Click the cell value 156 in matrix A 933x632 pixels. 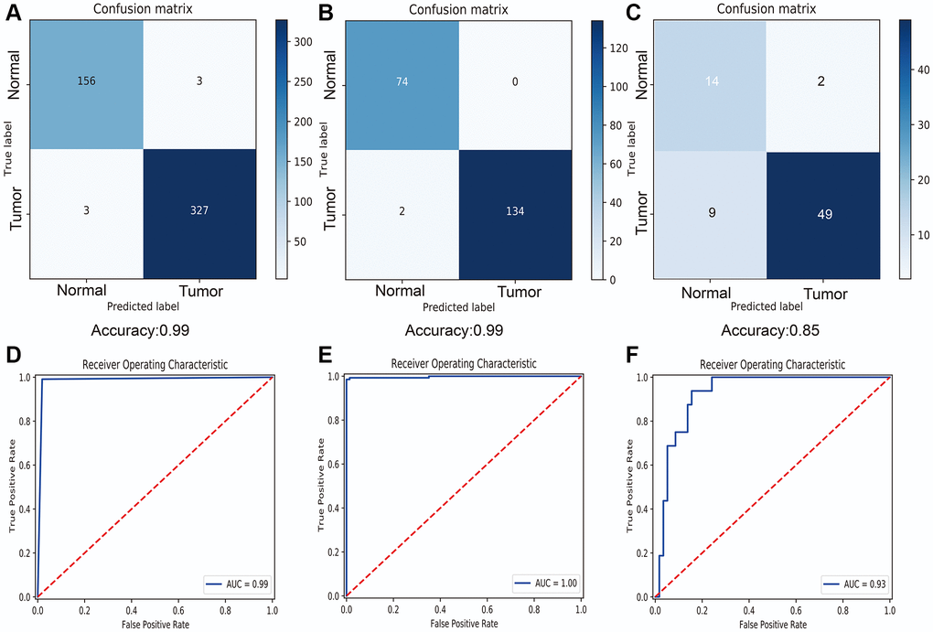tap(87, 80)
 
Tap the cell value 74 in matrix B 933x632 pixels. tap(400, 80)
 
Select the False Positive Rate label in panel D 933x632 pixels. tap(155, 625)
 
